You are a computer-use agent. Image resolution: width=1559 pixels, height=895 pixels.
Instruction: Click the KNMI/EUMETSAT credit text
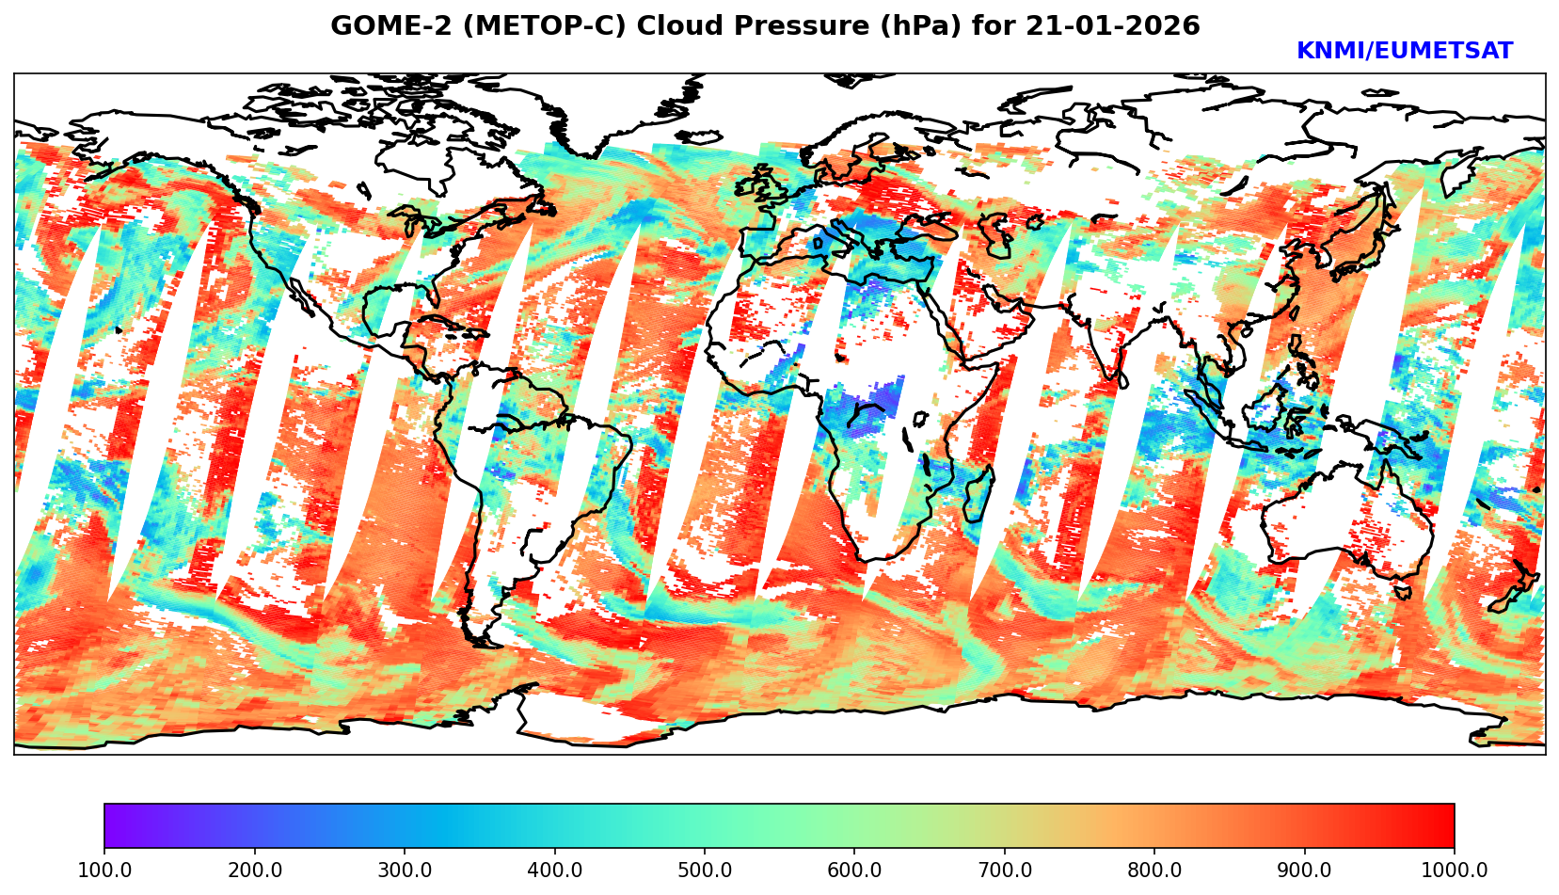pyautogui.click(x=1404, y=52)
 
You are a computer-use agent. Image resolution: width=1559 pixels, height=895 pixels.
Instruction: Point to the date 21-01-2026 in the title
pyautogui.click(x=1113, y=26)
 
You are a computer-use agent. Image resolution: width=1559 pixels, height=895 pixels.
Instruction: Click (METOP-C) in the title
pyautogui.click(x=533, y=26)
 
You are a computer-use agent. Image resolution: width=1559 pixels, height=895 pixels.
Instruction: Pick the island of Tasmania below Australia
pyautogui.click(x=1403, y=592)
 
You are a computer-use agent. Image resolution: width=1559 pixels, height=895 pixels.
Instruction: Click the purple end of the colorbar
pyautogui.click(x=111, y=826)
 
